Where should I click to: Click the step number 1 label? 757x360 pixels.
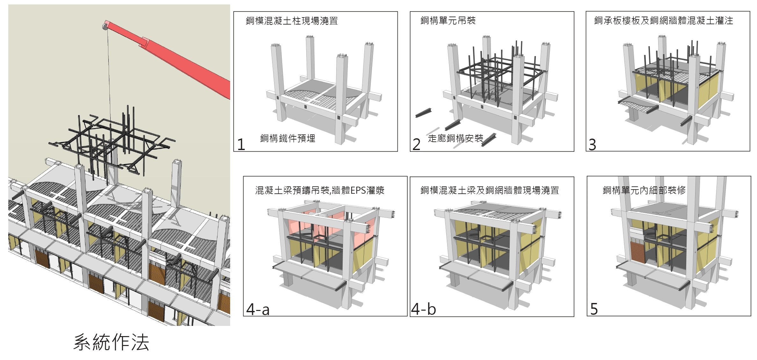(241, 145)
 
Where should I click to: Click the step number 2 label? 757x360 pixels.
(416, 145)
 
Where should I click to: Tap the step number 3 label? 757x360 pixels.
(592, 145)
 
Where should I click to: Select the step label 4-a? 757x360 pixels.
(258, 309)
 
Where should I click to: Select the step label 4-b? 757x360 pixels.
(423, 309)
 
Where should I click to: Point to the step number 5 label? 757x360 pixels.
(594, 309)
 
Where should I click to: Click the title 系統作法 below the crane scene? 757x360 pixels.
(111, 343)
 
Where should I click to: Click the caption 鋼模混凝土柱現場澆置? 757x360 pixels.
(292, 21)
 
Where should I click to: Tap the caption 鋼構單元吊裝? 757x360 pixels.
(448, 21)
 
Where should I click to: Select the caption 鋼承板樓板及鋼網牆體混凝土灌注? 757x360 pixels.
(664, 21)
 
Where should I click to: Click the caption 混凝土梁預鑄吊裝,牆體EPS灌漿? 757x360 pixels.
(320, 191)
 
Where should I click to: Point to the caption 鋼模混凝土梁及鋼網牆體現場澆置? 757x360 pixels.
(490, 191)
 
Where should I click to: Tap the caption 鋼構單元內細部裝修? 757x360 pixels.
(644, 191)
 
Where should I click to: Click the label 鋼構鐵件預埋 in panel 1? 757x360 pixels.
(288, 138)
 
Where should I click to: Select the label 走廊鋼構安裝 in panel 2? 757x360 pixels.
(455, 138)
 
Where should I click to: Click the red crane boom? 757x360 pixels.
(185, 61)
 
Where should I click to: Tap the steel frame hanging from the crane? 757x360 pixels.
(112, 140)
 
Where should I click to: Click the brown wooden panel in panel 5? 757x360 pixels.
(637, 252)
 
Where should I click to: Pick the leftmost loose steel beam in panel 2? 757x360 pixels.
(426, 112)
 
